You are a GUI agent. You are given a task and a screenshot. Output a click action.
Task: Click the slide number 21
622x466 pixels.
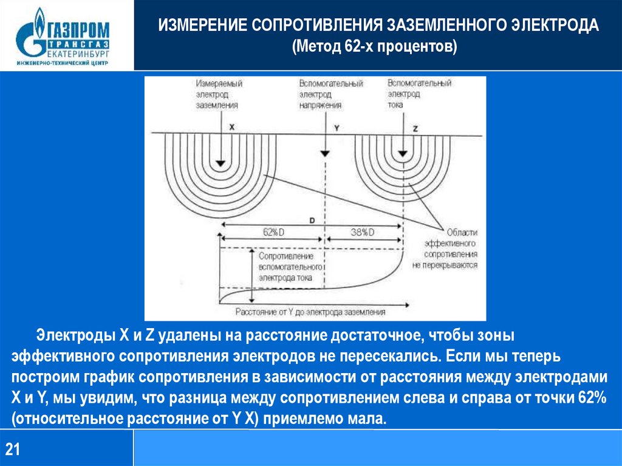[13, 450]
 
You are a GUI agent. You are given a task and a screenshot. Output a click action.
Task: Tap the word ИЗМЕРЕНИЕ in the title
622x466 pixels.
[200, 27]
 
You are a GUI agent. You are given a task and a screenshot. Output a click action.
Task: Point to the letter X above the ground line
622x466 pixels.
[231, 128]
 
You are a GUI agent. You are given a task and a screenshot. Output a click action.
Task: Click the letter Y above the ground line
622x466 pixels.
[337, 128]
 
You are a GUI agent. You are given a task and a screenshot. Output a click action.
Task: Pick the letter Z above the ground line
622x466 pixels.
[416, 129]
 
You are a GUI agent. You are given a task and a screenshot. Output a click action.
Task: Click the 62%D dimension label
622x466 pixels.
[275, 233]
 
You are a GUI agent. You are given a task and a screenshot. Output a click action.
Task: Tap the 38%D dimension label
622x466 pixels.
[363, 233]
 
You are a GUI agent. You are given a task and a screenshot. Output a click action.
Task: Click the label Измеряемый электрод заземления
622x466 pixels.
[217, 94]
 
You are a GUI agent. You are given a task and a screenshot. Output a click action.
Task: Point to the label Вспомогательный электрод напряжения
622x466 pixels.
[330, 94]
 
